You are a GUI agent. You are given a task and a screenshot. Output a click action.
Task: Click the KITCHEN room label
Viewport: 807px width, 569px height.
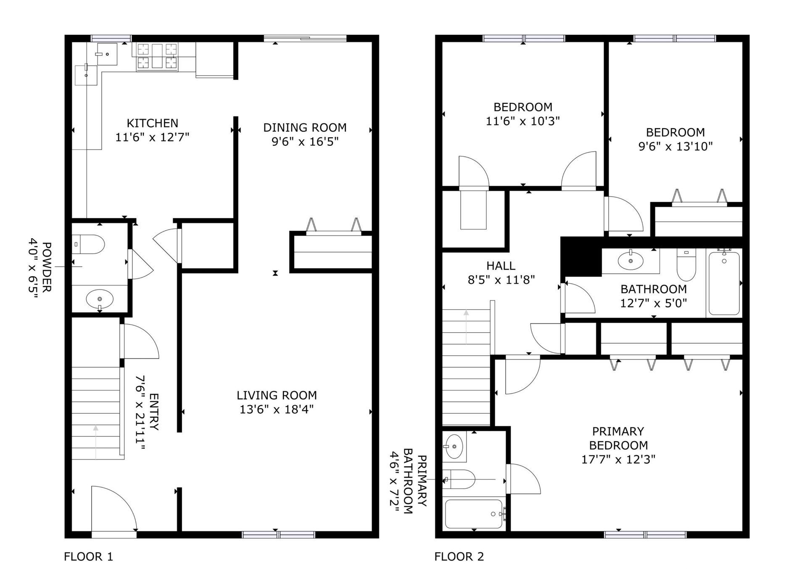[x=153, y=123]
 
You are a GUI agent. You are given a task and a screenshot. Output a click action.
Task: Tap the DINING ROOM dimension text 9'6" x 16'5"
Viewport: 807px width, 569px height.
[x=305, y=142]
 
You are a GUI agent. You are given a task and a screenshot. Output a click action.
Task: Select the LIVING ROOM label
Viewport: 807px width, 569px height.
[x=277, y=395]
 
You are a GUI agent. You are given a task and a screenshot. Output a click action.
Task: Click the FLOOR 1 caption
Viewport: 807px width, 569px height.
[x=89, y=557]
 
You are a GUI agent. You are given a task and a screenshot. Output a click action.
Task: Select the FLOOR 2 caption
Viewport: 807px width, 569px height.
[x=459, y=557]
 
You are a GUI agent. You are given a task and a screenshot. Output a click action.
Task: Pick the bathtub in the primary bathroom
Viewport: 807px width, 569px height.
[x=474, y=514]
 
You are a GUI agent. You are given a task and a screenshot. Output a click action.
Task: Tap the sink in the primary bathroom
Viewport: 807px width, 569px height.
[x=454, y=446]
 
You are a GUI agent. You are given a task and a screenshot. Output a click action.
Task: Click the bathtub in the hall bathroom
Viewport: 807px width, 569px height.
[x=724, y=283]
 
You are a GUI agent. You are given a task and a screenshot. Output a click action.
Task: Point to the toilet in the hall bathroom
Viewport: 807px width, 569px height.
[x=686, y=264]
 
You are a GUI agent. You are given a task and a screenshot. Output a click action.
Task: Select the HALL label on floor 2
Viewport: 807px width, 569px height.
[x=501, y=266]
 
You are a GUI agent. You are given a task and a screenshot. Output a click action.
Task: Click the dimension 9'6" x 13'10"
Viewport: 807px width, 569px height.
[x=675, y=147]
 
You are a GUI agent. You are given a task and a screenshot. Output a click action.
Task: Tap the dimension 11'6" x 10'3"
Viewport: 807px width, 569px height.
[x=523, y=121]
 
